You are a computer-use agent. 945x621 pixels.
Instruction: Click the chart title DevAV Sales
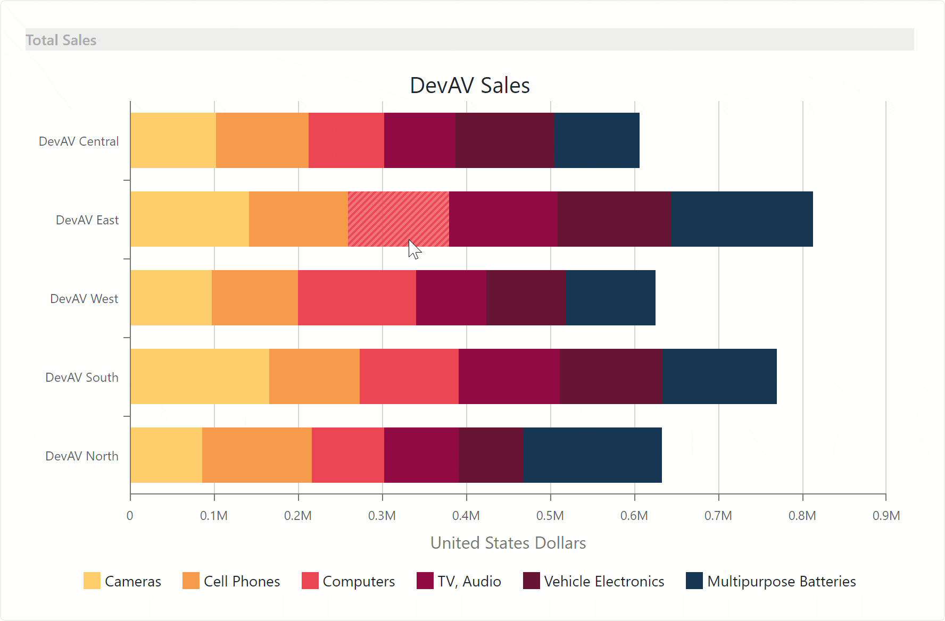pos(469,86)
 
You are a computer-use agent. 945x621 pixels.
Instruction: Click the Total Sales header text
pos(61,40)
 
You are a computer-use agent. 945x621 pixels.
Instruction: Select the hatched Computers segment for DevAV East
pos(398,219)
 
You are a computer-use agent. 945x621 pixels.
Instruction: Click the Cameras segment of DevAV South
pos(200,376)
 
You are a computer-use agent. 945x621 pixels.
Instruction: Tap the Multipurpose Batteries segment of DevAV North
pos(592,455)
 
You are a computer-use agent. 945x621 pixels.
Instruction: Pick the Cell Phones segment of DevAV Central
pos(262,140)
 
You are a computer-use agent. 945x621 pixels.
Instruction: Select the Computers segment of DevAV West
pos(357,298)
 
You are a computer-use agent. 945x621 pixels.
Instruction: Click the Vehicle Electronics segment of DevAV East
pos(614,219)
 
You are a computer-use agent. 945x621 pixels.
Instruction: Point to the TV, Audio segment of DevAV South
pos(509,376)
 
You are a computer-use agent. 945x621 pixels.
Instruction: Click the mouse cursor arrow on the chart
pos(414,249)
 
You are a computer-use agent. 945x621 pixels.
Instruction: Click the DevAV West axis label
pos(84,299)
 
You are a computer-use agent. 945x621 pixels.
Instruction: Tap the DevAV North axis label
pos(81,456)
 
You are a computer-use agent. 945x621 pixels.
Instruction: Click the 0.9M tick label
pos(886,516)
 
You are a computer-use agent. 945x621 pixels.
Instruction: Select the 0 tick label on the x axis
pos(130,516)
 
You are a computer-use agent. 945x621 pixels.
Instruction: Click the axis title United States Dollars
pos(508,543)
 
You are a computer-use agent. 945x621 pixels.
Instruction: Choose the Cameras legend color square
pos(92,581)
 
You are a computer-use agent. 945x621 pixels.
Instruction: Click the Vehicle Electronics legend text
pos(604,582)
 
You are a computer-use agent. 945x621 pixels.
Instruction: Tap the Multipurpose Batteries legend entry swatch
pos(694,581)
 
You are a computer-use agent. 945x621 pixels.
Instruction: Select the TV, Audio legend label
pos(469,582)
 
